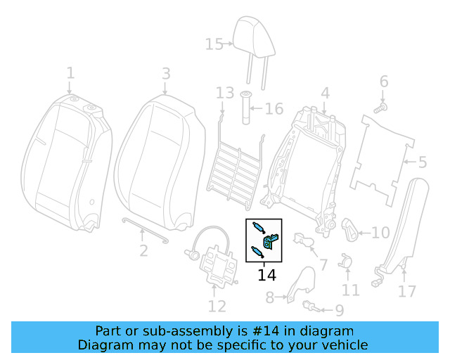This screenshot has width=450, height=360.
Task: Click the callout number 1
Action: pyautogui.click(x=70, y=72)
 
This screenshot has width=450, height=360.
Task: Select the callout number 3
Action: pyautogui.click(x=166, y=73)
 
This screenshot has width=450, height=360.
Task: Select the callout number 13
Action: pyautogui.click(x=224, y=93)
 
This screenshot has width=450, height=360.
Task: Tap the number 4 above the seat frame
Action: pyautogui.click(x=325, y=94)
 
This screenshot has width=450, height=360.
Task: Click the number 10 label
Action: pyautogui.click(x=380, y=233)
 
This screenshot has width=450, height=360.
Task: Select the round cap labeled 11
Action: pyautogui.click(x=345, y=260)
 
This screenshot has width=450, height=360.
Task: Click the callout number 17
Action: pyautogui.click(x=407, y=290)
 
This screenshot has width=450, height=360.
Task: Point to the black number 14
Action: pyautogui.click(x=267, y=275)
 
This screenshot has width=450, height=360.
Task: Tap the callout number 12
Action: pyautogui.click(x=217, y=306)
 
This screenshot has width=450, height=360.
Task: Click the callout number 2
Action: pyautogui.click(x=143, y=250)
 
